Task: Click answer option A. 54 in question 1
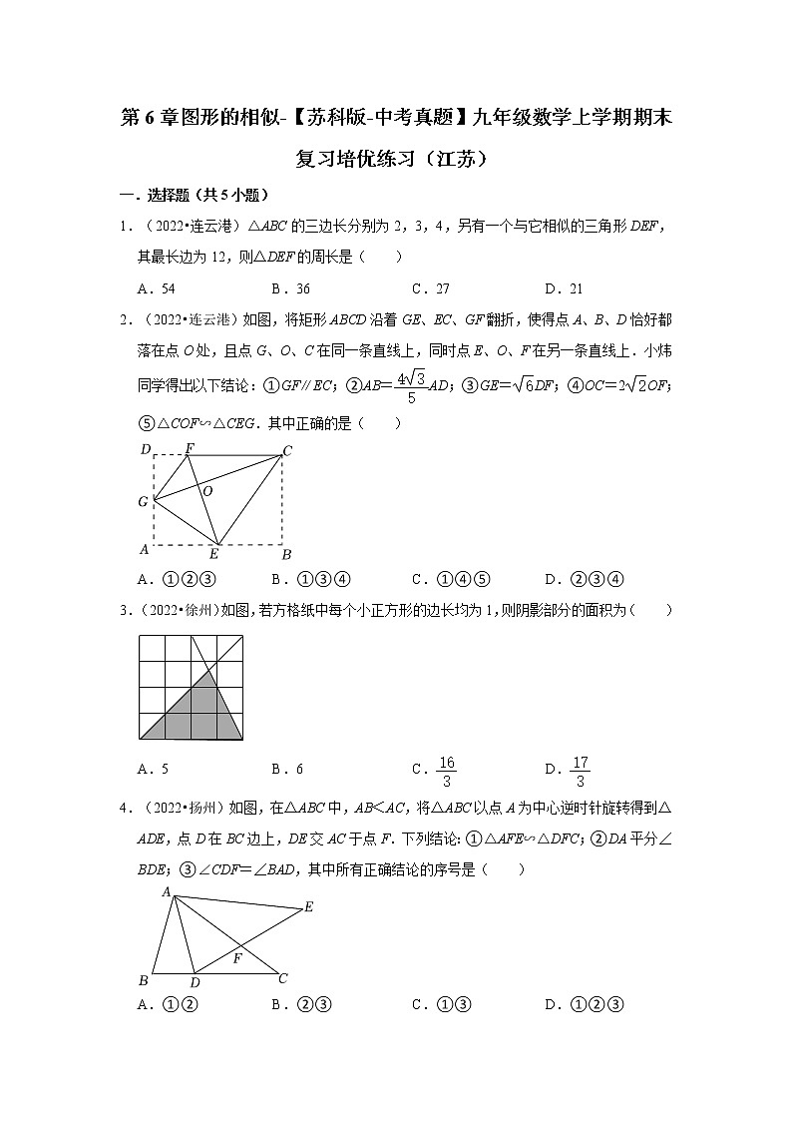coord(157,289)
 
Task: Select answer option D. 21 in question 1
coord(564,289)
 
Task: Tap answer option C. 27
coord(430,289)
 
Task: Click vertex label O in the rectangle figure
coord(207,491)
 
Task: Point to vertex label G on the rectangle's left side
coord(144,501)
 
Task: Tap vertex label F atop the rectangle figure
coord(190,448)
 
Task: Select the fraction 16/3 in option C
coord(447,771)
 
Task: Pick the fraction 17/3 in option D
coord(580,771)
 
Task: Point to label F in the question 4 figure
coord(237,958)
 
